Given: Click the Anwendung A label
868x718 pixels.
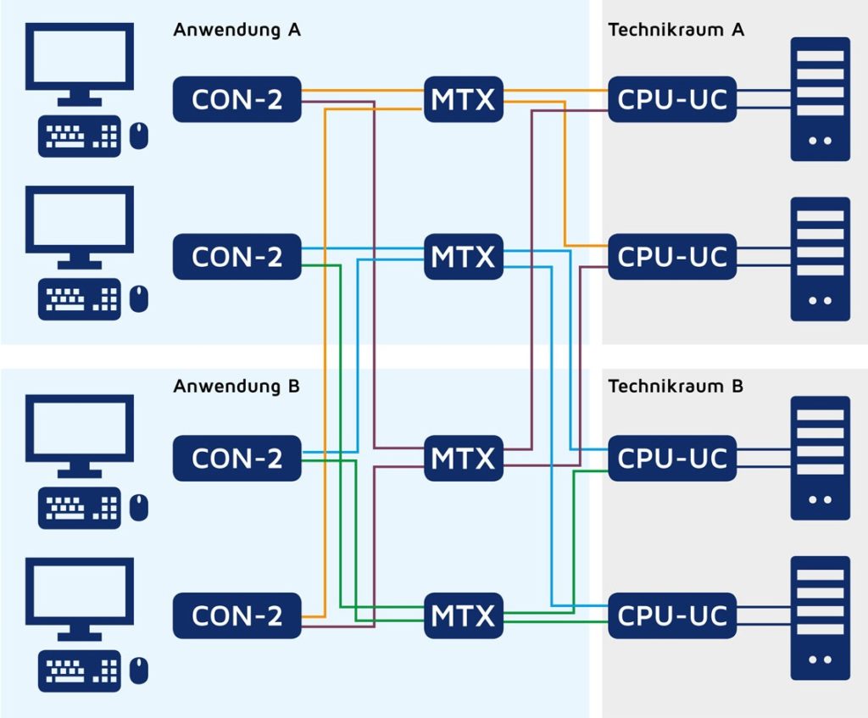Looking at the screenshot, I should pos(236,30).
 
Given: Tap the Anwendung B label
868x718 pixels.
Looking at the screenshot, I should pos(236,387).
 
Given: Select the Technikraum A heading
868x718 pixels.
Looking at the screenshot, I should pos(676,30).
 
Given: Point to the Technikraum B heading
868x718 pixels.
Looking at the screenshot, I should pos(676,387).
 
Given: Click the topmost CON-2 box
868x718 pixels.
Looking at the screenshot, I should pos(237,99).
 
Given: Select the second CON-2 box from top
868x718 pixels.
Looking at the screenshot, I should pos(237,256).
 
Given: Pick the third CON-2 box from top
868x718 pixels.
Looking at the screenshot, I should pos(237,458).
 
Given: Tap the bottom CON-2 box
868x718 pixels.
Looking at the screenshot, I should pos(237,615).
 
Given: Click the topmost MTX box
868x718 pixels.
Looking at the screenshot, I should pos(463,99).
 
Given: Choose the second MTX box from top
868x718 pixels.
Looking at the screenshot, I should pos(463,256).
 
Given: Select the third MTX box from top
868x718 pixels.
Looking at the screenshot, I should pos(463,458).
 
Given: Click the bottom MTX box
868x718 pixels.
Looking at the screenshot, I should pos(463,615).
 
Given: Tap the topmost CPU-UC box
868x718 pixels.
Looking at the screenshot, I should pos(672,99).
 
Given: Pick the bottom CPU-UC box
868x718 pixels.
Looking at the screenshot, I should pos(672,615).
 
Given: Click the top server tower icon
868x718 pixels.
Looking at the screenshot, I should pos(820,99).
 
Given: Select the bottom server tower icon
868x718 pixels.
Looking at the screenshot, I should pos(820,618).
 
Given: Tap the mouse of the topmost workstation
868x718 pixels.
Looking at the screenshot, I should pos(139,134).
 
